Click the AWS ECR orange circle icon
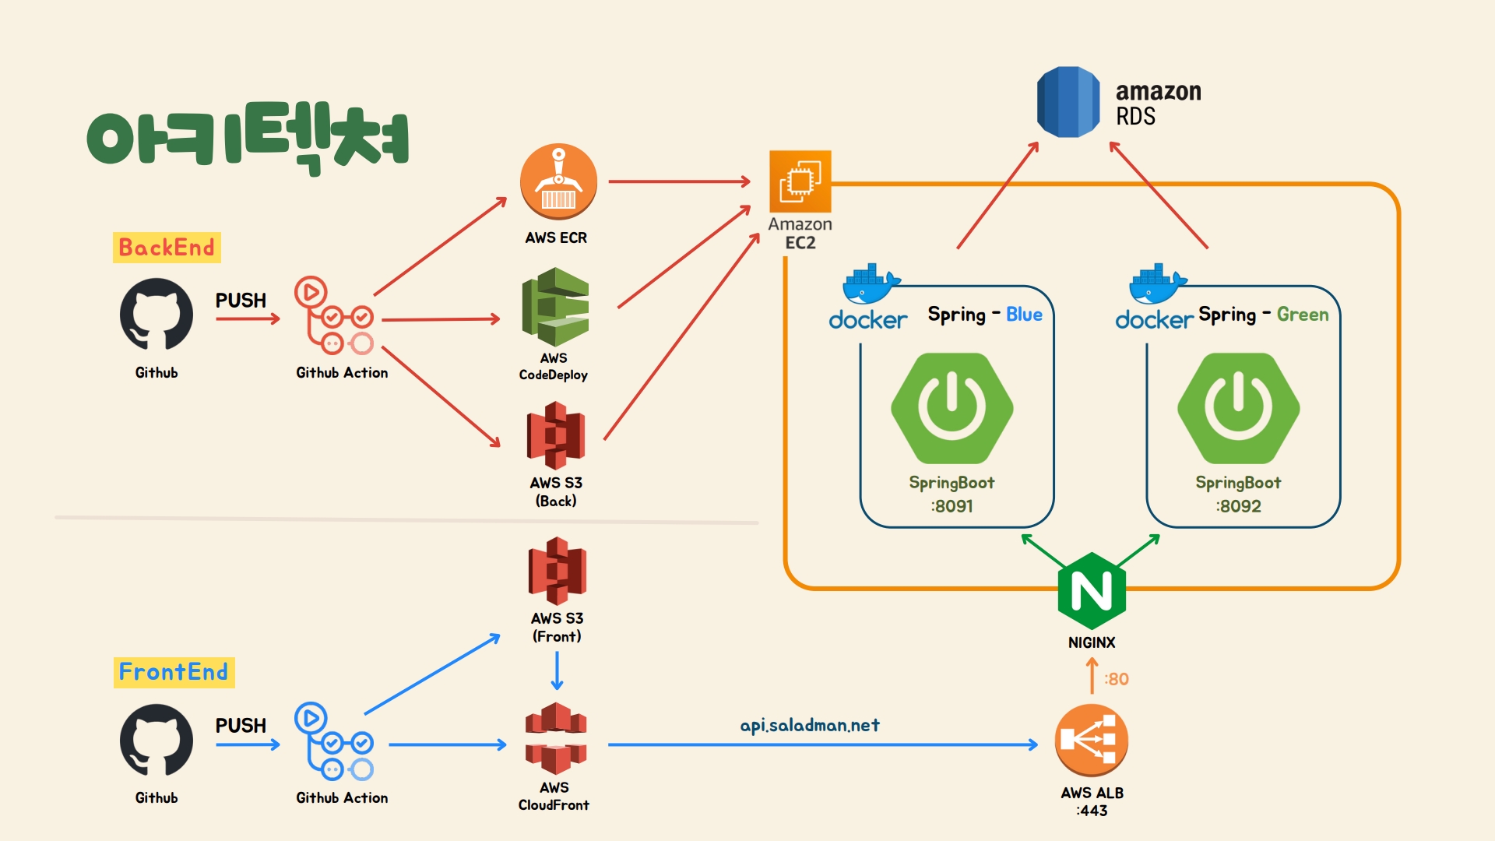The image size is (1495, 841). pyautogui.click(x=558, y=181)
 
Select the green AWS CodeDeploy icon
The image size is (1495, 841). pyautogui.click(x=555, y=307)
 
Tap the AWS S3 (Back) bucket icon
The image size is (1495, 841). pyautogui.click(x=556, y=435)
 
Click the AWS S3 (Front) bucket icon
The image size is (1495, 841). pyautogui.click(x=557, y=571)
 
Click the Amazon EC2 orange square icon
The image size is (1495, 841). pyautogui.click(x=800, y=181)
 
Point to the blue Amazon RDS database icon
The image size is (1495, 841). pyautogui.click(x=1068, y=102)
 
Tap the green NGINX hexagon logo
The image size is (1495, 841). pyautogui.click(x=1092, y=591)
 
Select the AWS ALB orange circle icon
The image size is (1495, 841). pyautogui.click(x=1091, y=741)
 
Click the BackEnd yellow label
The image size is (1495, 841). pyautogui.click(x=167, y=248)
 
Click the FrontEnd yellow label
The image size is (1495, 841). pyautogui.click(x=174, y=672)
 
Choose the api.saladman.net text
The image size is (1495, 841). pyautogui.click(x=810, y=725)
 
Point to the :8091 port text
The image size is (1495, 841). pyautogui.click(x=952, y=506)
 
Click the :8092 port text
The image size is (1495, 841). pyautogui.click(x=1239, y=506)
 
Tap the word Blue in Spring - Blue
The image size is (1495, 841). pyautogui.click(x=1024, y=315)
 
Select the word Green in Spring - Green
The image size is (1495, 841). pyautogui.click(x=1303, y=315)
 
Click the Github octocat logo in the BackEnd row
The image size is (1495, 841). pyautogui.click(x=157, y=315)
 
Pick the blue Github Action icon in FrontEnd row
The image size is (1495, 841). pyautogui.click(x=334, y=741)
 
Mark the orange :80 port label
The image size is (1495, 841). pyautogui.click(x=1117, y=679)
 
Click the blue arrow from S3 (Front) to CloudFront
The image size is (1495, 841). pyautogui.click(x=557, y=670)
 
